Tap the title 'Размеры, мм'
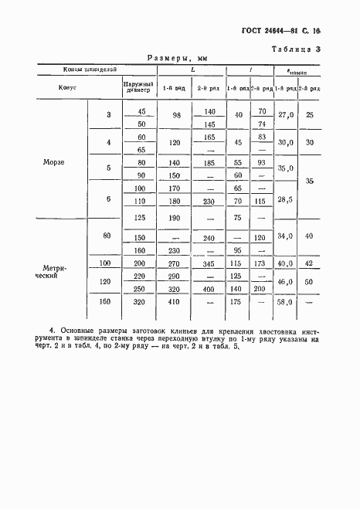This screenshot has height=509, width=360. (x=180, y=58)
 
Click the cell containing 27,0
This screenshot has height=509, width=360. (x=287, y=115)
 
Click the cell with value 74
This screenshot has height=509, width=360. (x=261, y=124)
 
